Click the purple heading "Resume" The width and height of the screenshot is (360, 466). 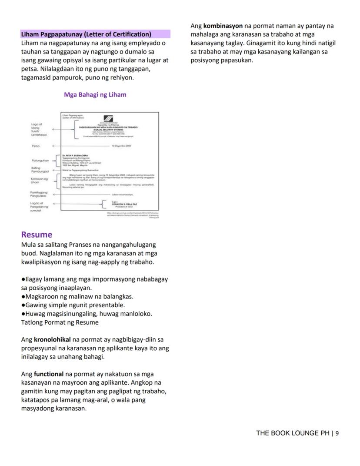click(37, 235)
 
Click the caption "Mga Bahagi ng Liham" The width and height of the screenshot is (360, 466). click(95, 95)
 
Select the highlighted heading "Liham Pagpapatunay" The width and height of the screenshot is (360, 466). click(86, 34)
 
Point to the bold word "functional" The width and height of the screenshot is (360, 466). click(49, 374)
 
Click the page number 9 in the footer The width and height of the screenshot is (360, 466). click(337, 433)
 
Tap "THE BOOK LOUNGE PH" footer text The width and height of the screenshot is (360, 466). click(293, 433)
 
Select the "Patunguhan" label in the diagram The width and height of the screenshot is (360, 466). click(40, 161)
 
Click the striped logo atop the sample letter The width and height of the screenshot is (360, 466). click(108, 119)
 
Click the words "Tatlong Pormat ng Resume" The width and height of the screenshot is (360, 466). click(60, 322)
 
